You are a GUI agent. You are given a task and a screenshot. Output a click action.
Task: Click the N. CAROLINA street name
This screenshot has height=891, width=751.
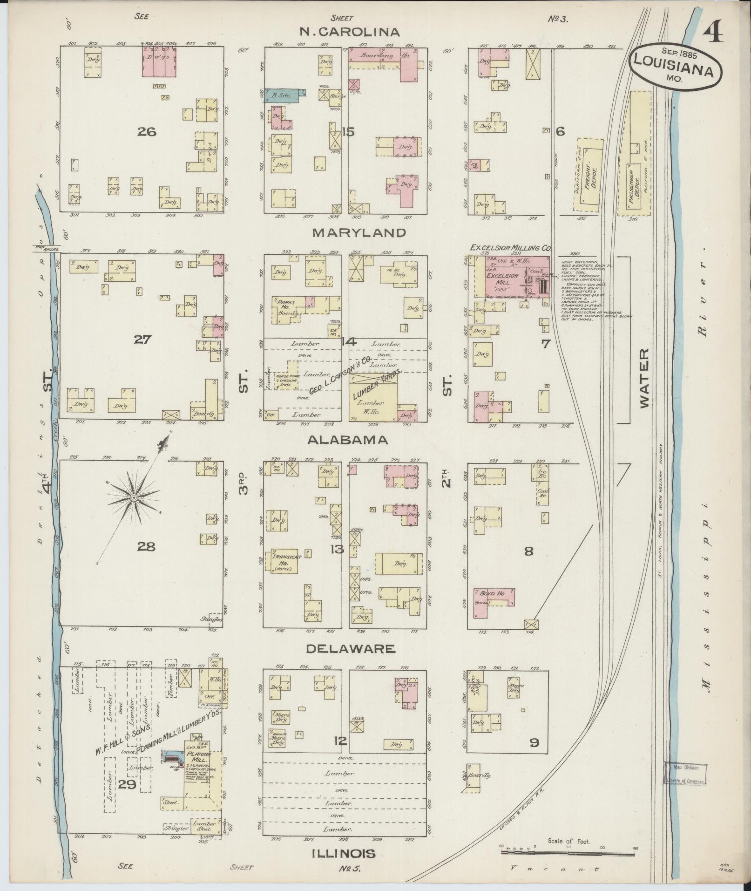coord(350,32)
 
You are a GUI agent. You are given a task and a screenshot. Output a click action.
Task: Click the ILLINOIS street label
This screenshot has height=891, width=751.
coord(343,853)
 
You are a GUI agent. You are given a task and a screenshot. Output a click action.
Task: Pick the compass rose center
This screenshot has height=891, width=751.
coord(134,498)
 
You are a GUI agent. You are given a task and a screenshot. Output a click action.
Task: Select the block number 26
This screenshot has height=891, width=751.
coord(146,132)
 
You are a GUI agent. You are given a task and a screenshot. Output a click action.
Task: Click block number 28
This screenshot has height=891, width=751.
coord(146,546)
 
